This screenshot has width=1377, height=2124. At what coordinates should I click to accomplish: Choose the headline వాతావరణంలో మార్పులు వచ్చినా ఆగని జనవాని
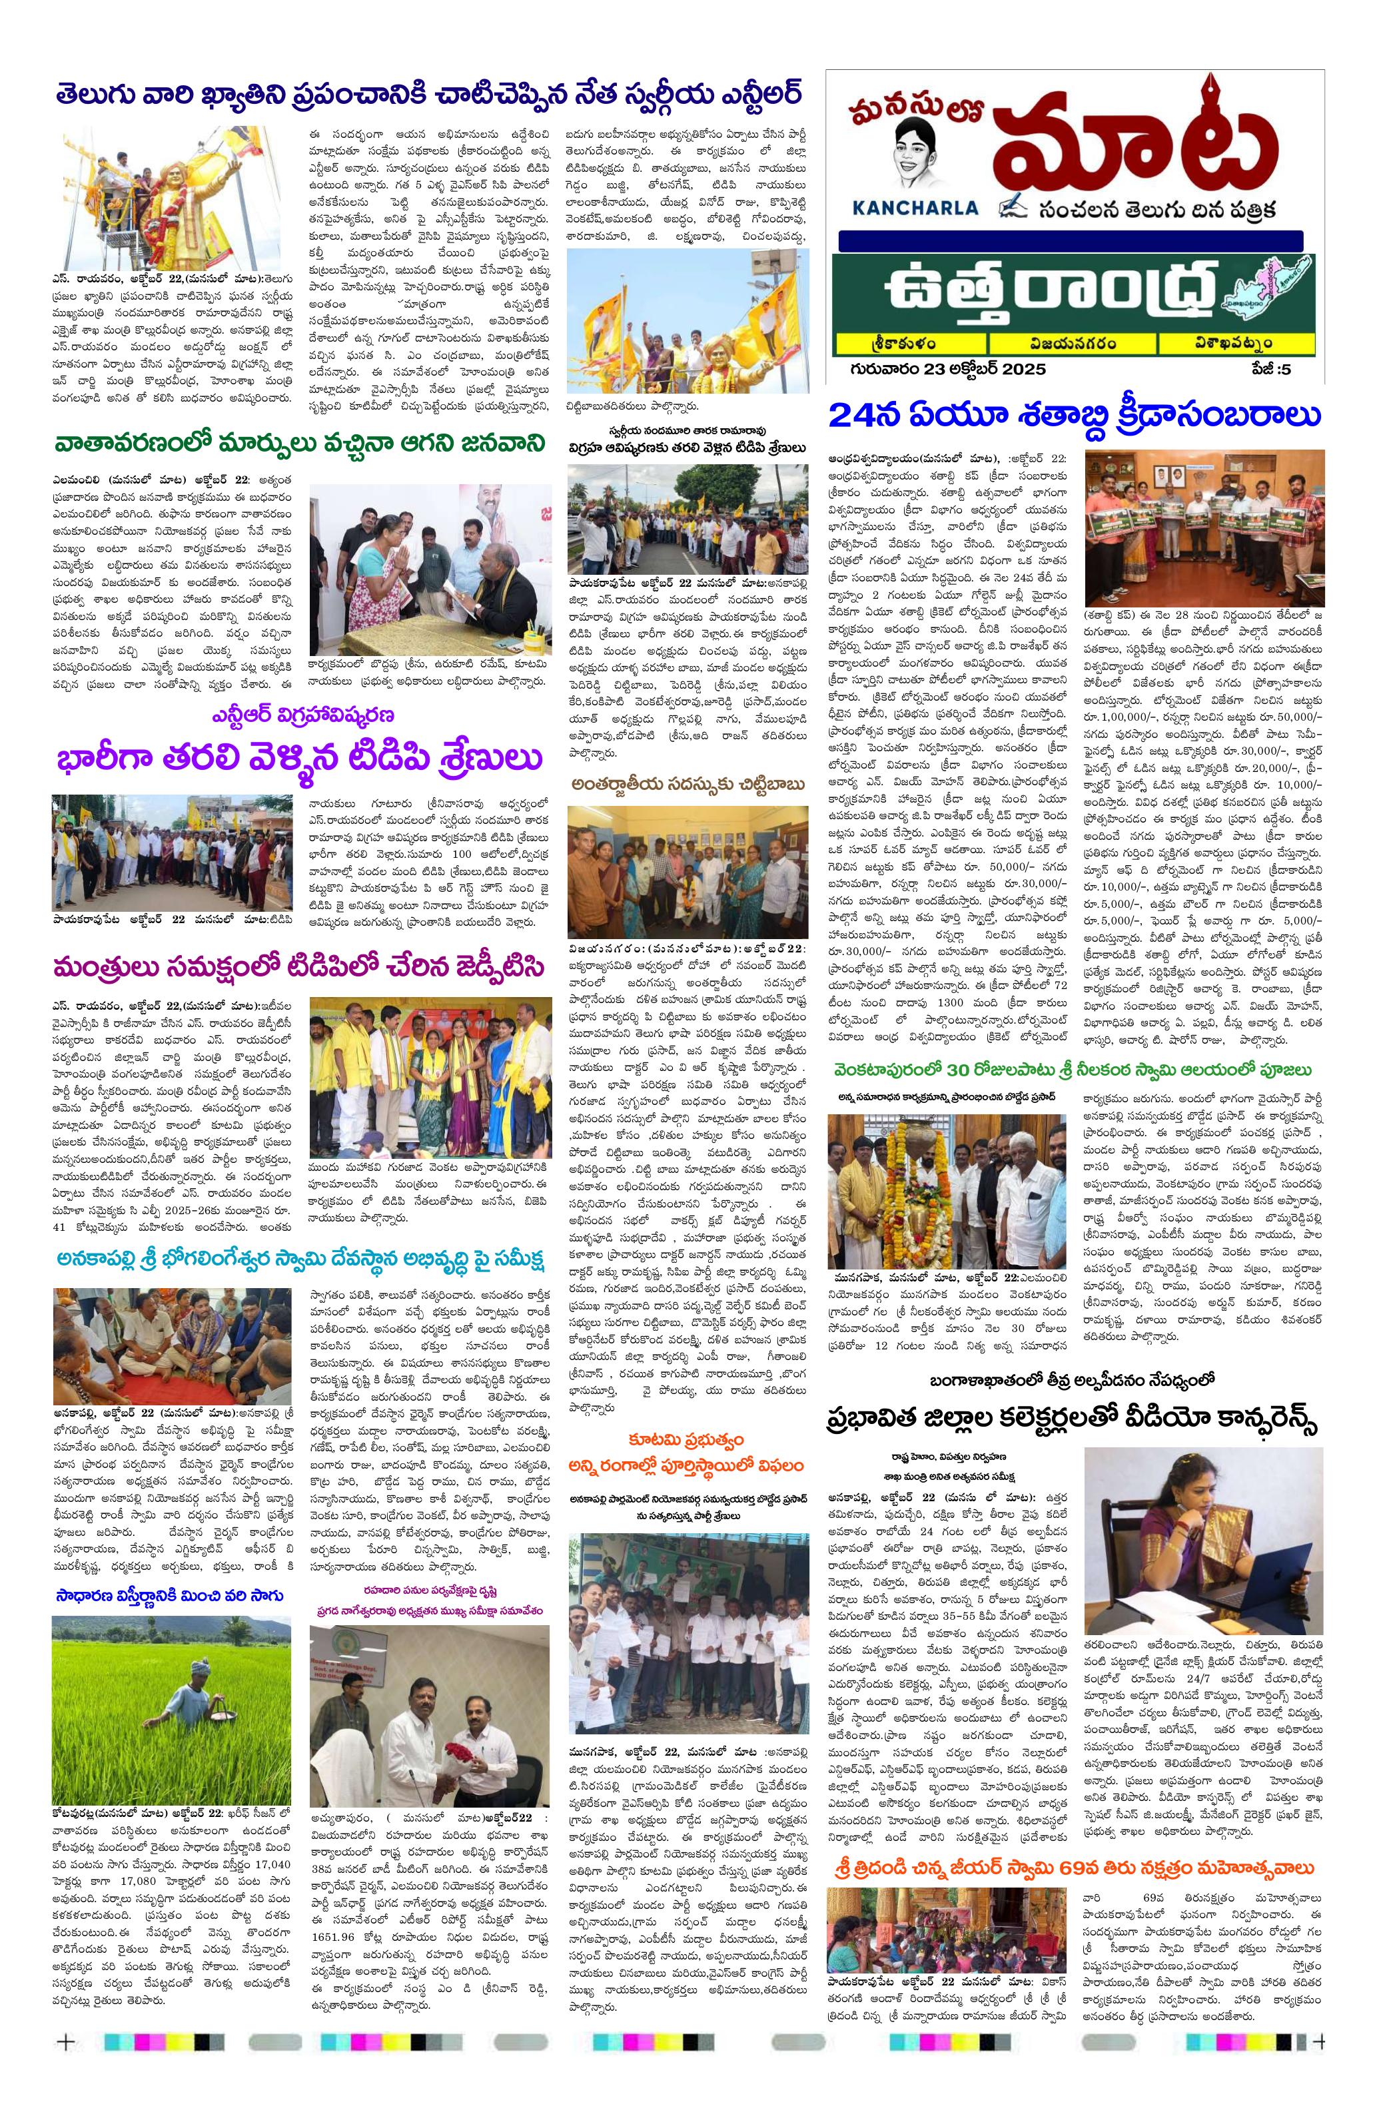(298, 444)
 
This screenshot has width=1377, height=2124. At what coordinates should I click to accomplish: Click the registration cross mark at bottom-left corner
(65, 2085)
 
